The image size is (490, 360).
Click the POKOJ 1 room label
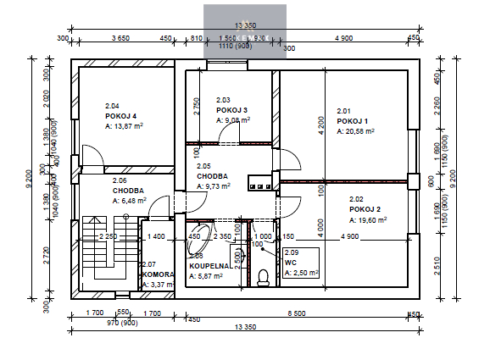click(352, 120)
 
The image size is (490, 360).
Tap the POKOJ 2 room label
click(364, 208)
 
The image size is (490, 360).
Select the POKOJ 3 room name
click(231, 110)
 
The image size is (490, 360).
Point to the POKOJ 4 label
click(121, 115)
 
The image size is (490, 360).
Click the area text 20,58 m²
click(358, 130)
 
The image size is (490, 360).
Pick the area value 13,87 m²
click(124, 125)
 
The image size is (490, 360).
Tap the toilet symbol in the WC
click(263, 276)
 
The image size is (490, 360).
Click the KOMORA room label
click(158, 275)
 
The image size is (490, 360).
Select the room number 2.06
click(119, 180)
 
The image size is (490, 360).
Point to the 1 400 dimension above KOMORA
click(156, 236)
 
